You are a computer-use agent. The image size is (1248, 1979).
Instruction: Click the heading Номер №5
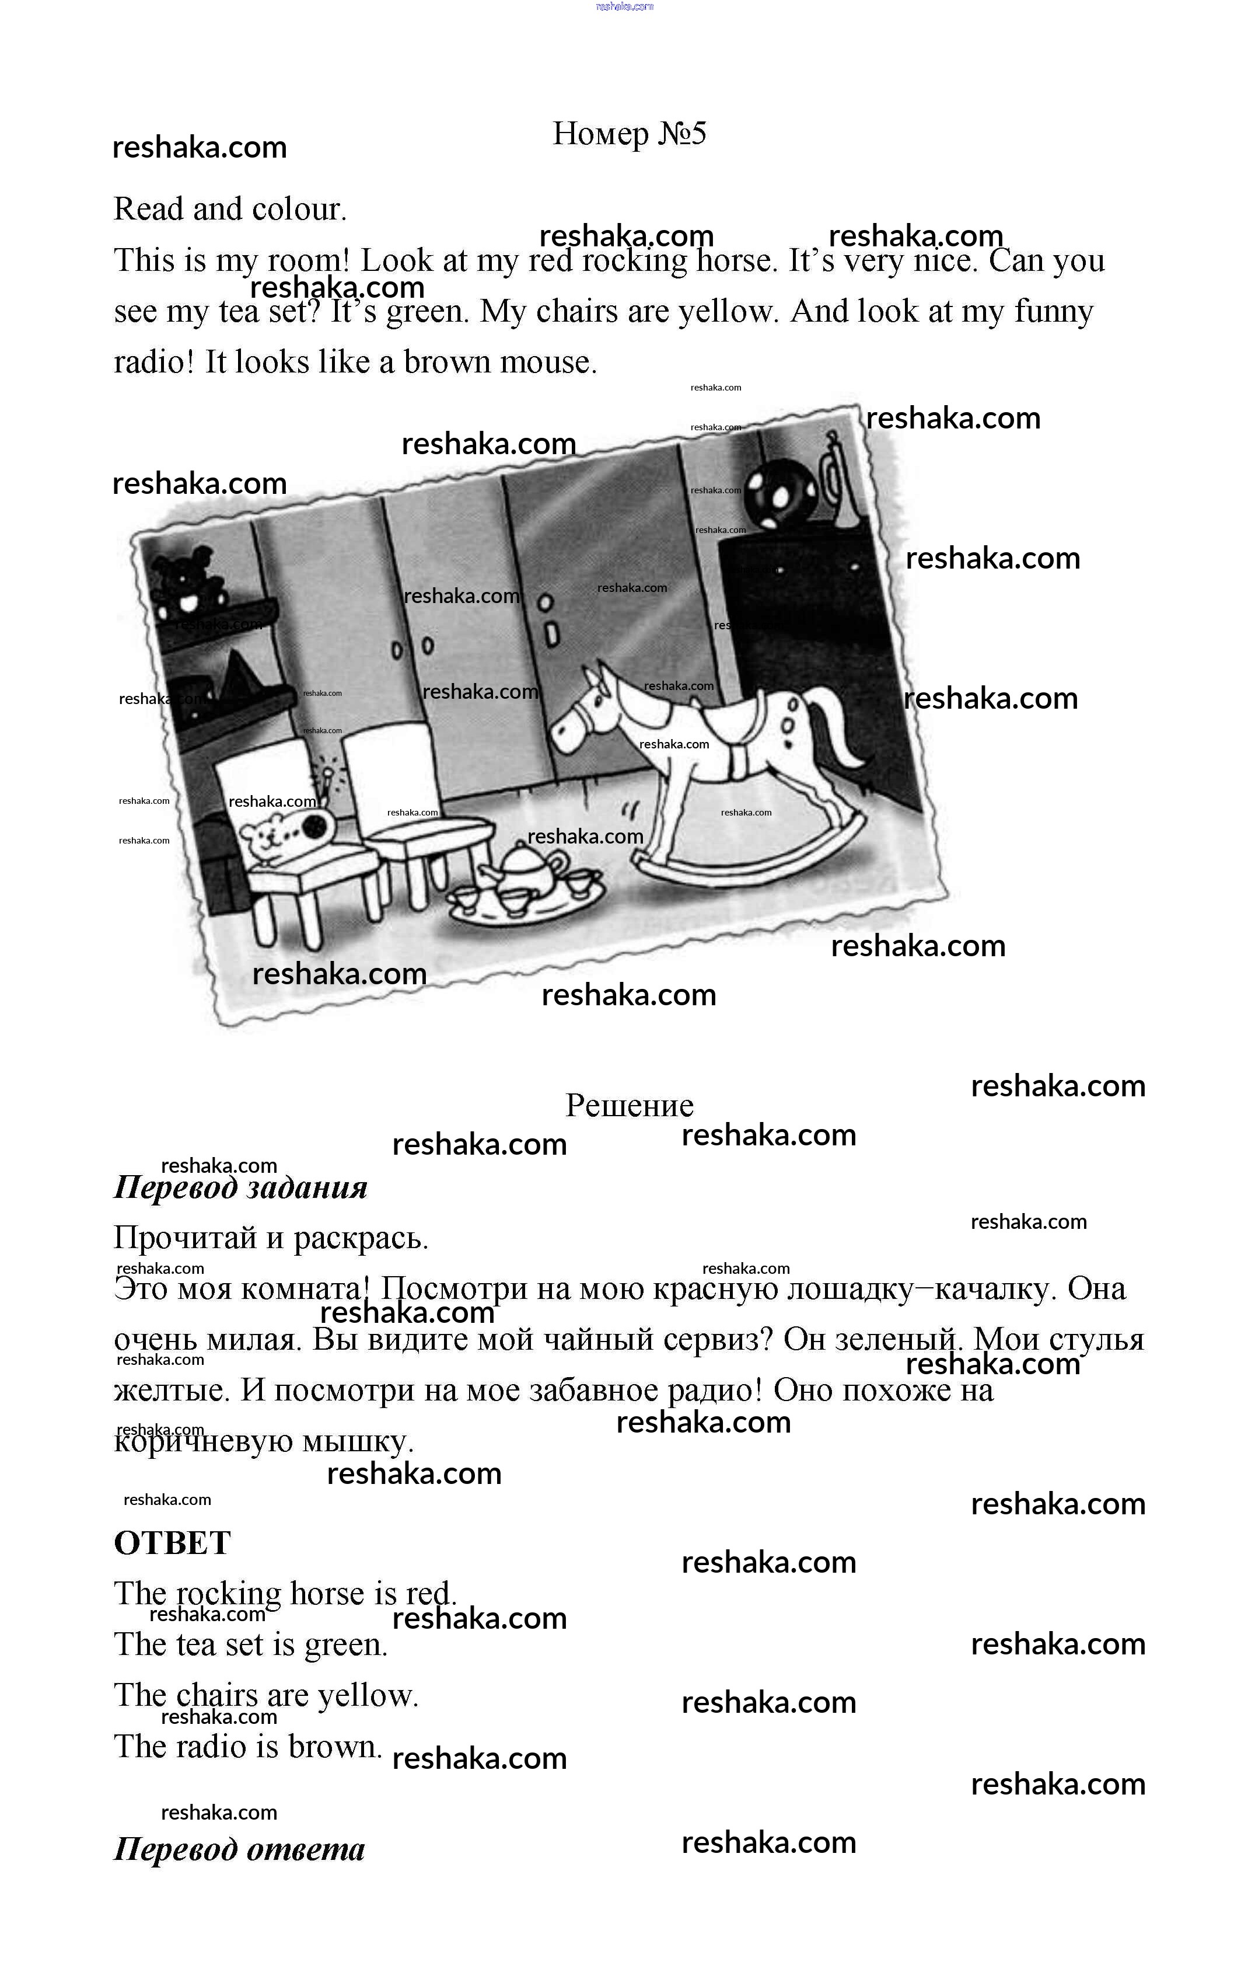tap(630, 133)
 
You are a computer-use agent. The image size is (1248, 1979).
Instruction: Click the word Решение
tap(630, 1106)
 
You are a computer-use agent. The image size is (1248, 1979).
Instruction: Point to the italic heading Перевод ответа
tap(239, 1849)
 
